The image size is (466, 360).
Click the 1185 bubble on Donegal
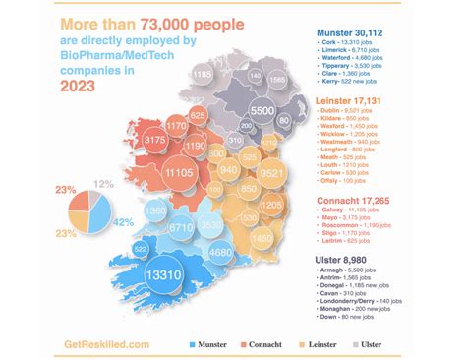point(203,76)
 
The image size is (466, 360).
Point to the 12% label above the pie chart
point(103,183)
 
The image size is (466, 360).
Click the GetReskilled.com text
point(107,344)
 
